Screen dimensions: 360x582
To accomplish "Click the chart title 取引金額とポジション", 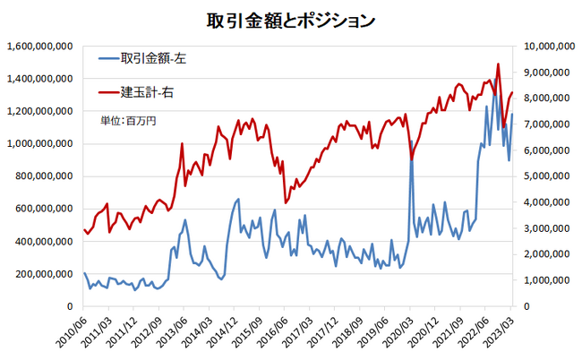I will (x=290, y=21).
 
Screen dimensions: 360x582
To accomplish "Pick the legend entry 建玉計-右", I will (x=147, y=91).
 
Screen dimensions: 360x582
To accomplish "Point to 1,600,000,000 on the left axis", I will (x=39, y=47).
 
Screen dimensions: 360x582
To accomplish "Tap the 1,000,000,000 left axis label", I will (x=39, y=144).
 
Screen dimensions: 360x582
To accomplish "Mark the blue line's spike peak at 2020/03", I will (x=411, y=141).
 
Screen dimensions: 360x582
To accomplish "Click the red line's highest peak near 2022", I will (x=498, y=64).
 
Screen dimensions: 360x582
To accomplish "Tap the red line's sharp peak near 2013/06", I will (x=182, y=143).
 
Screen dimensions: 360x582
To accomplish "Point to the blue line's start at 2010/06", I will (x=84, y=273).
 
